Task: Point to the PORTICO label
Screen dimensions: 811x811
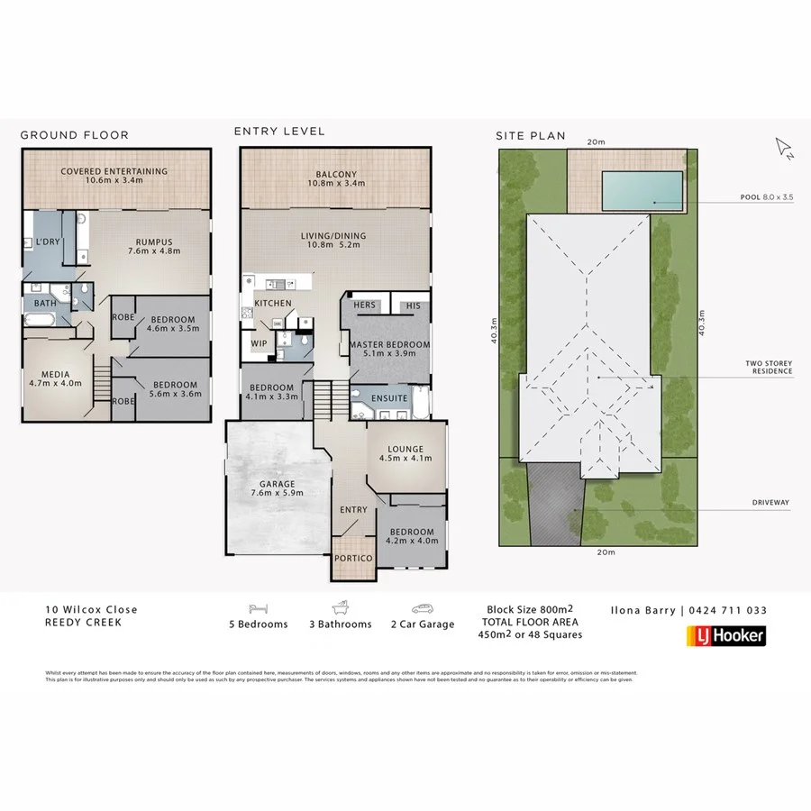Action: coord(353,559)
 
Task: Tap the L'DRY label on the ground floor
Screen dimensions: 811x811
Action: coord(47,242)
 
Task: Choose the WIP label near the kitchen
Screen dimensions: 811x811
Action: coord(260,343)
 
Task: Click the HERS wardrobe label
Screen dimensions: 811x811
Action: coord(365,305)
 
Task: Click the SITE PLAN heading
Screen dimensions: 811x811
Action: coord(530,136)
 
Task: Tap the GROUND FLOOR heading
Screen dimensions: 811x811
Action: coord(74,136)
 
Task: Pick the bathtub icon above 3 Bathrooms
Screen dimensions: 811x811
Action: coord(340,608)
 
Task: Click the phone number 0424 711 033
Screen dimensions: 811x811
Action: coord(728,610)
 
